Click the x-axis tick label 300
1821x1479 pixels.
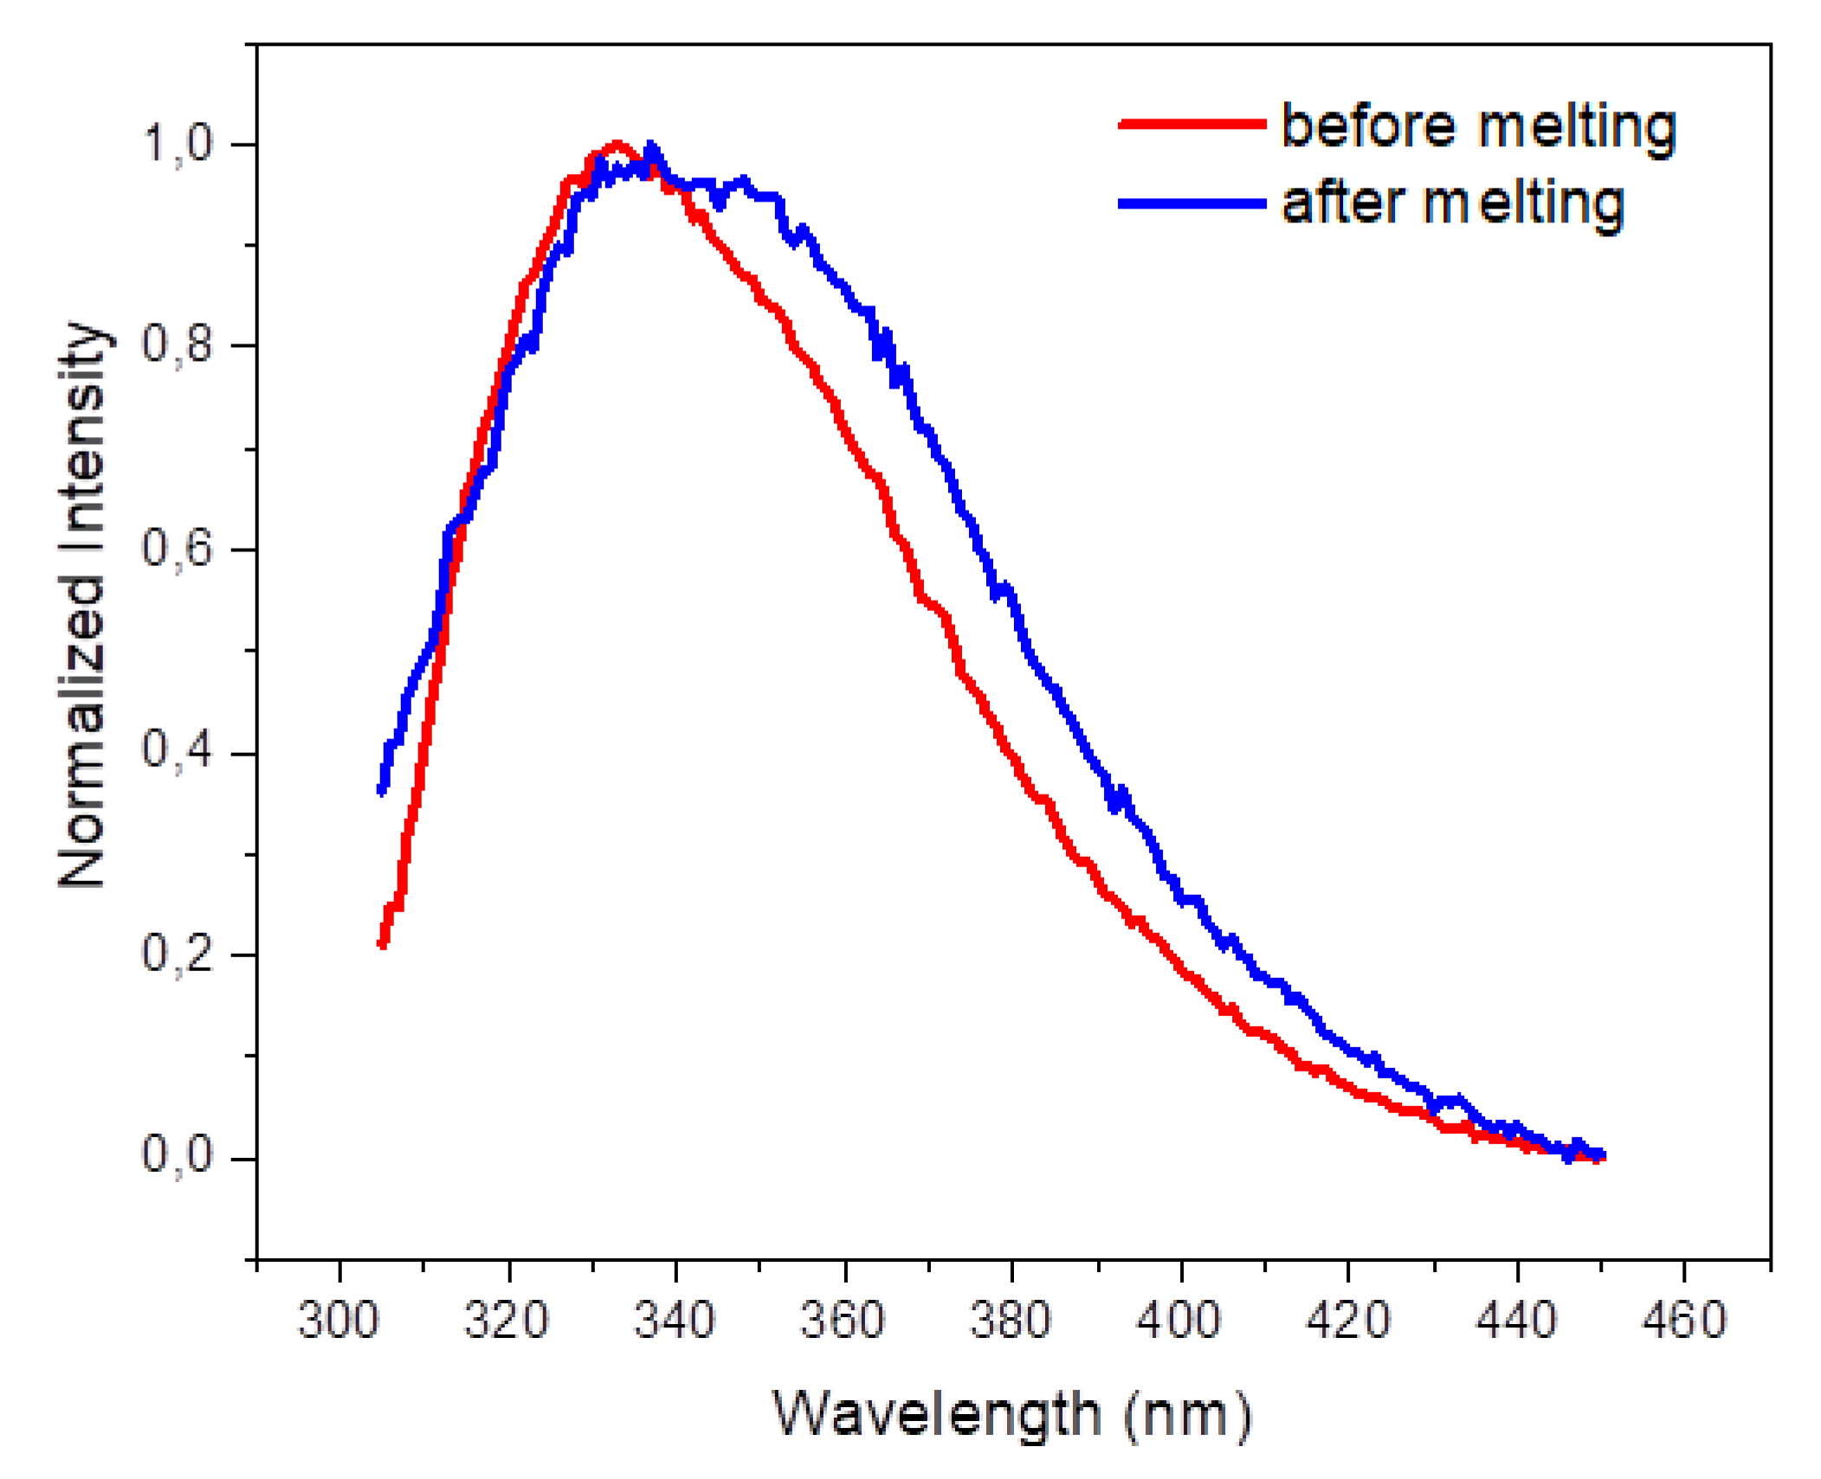338,1321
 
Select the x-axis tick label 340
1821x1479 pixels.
674,1321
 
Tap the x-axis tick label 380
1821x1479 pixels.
1010,1321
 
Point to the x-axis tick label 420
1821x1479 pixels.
1346,1321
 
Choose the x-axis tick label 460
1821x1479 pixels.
1682,1321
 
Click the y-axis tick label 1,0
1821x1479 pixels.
177,144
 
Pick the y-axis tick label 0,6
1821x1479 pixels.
177,549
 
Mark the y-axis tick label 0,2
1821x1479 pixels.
177,954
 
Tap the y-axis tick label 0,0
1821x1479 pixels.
177,1156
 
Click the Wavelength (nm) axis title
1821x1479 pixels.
1011,1416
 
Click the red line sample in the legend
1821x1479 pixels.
1191,125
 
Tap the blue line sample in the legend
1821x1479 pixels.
1191,203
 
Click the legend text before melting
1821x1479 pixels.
1477,127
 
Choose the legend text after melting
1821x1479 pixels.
1451,204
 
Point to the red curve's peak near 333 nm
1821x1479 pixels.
617,145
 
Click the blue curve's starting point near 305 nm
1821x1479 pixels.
382,790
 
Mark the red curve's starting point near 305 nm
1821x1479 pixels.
382,944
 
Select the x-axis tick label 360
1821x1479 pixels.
842,1321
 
